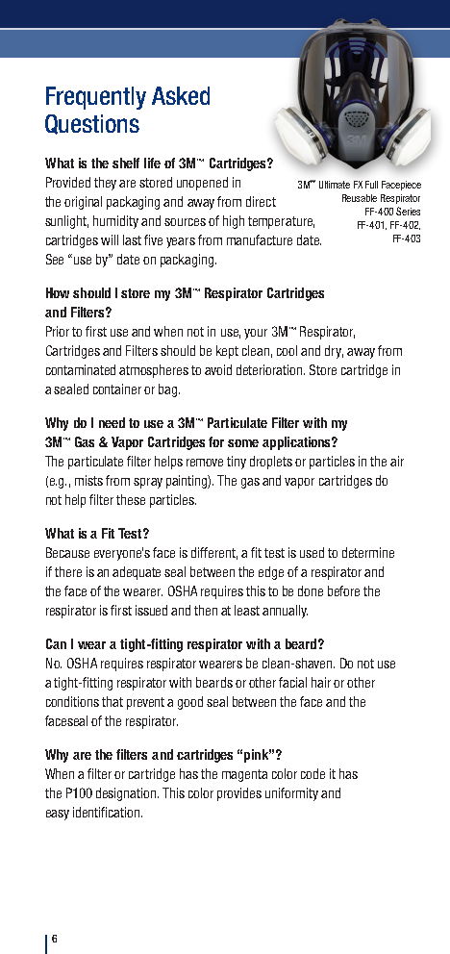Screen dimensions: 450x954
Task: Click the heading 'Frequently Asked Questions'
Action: click(127, 111)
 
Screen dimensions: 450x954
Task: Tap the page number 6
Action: click(56, 939)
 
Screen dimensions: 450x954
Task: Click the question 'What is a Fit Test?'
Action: click(97, 534)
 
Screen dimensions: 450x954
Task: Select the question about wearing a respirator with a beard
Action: click(184, 643)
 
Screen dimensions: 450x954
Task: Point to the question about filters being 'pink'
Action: click(162, 754)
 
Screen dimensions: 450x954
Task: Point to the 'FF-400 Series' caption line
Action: click(392, 211)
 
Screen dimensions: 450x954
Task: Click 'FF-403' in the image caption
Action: click(406, 238)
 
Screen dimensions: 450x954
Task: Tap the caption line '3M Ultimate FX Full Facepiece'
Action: click(359, 185)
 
